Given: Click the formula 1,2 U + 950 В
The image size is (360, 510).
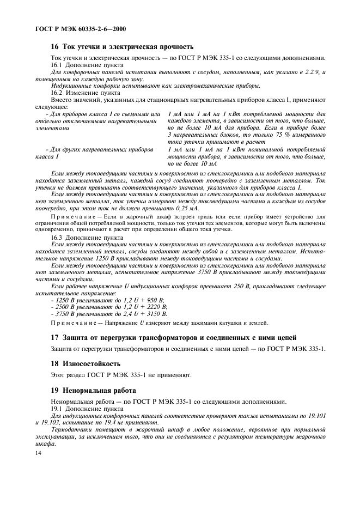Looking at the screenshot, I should [144, 300].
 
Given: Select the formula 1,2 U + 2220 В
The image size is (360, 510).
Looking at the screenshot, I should [146, 307].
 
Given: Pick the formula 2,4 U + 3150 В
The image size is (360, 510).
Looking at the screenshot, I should [146, 314].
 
